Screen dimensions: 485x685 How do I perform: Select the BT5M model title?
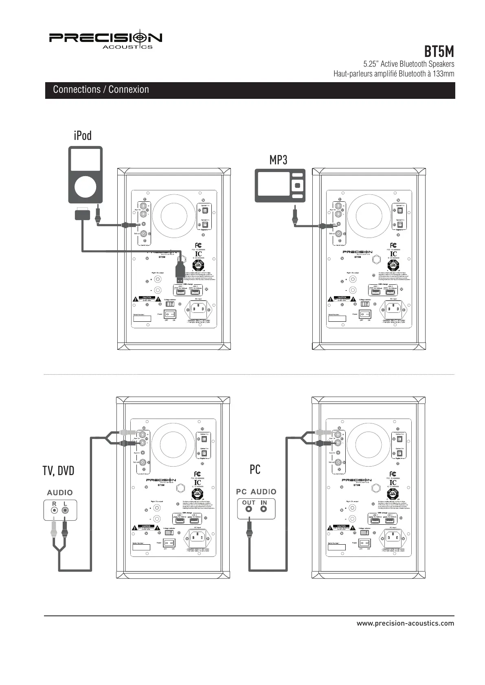point(439,52)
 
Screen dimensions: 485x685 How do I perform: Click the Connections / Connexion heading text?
point(101,89)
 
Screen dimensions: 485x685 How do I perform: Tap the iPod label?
point(83,135)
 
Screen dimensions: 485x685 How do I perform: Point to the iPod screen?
point(85,160)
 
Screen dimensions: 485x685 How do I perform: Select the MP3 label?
point(278,160)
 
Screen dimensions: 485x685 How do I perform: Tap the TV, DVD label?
point(59,471)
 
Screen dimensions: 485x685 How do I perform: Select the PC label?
point(255,469)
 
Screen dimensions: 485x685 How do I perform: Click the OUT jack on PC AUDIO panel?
point(248,509)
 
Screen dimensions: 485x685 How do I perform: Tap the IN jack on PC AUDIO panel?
point(263,509)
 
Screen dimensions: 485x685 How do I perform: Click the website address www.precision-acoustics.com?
point(405,623)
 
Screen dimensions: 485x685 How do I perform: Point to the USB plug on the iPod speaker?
point(179,270)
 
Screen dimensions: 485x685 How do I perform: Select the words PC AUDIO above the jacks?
point(256,492)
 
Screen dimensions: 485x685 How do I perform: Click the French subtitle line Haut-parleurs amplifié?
point(393,74)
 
